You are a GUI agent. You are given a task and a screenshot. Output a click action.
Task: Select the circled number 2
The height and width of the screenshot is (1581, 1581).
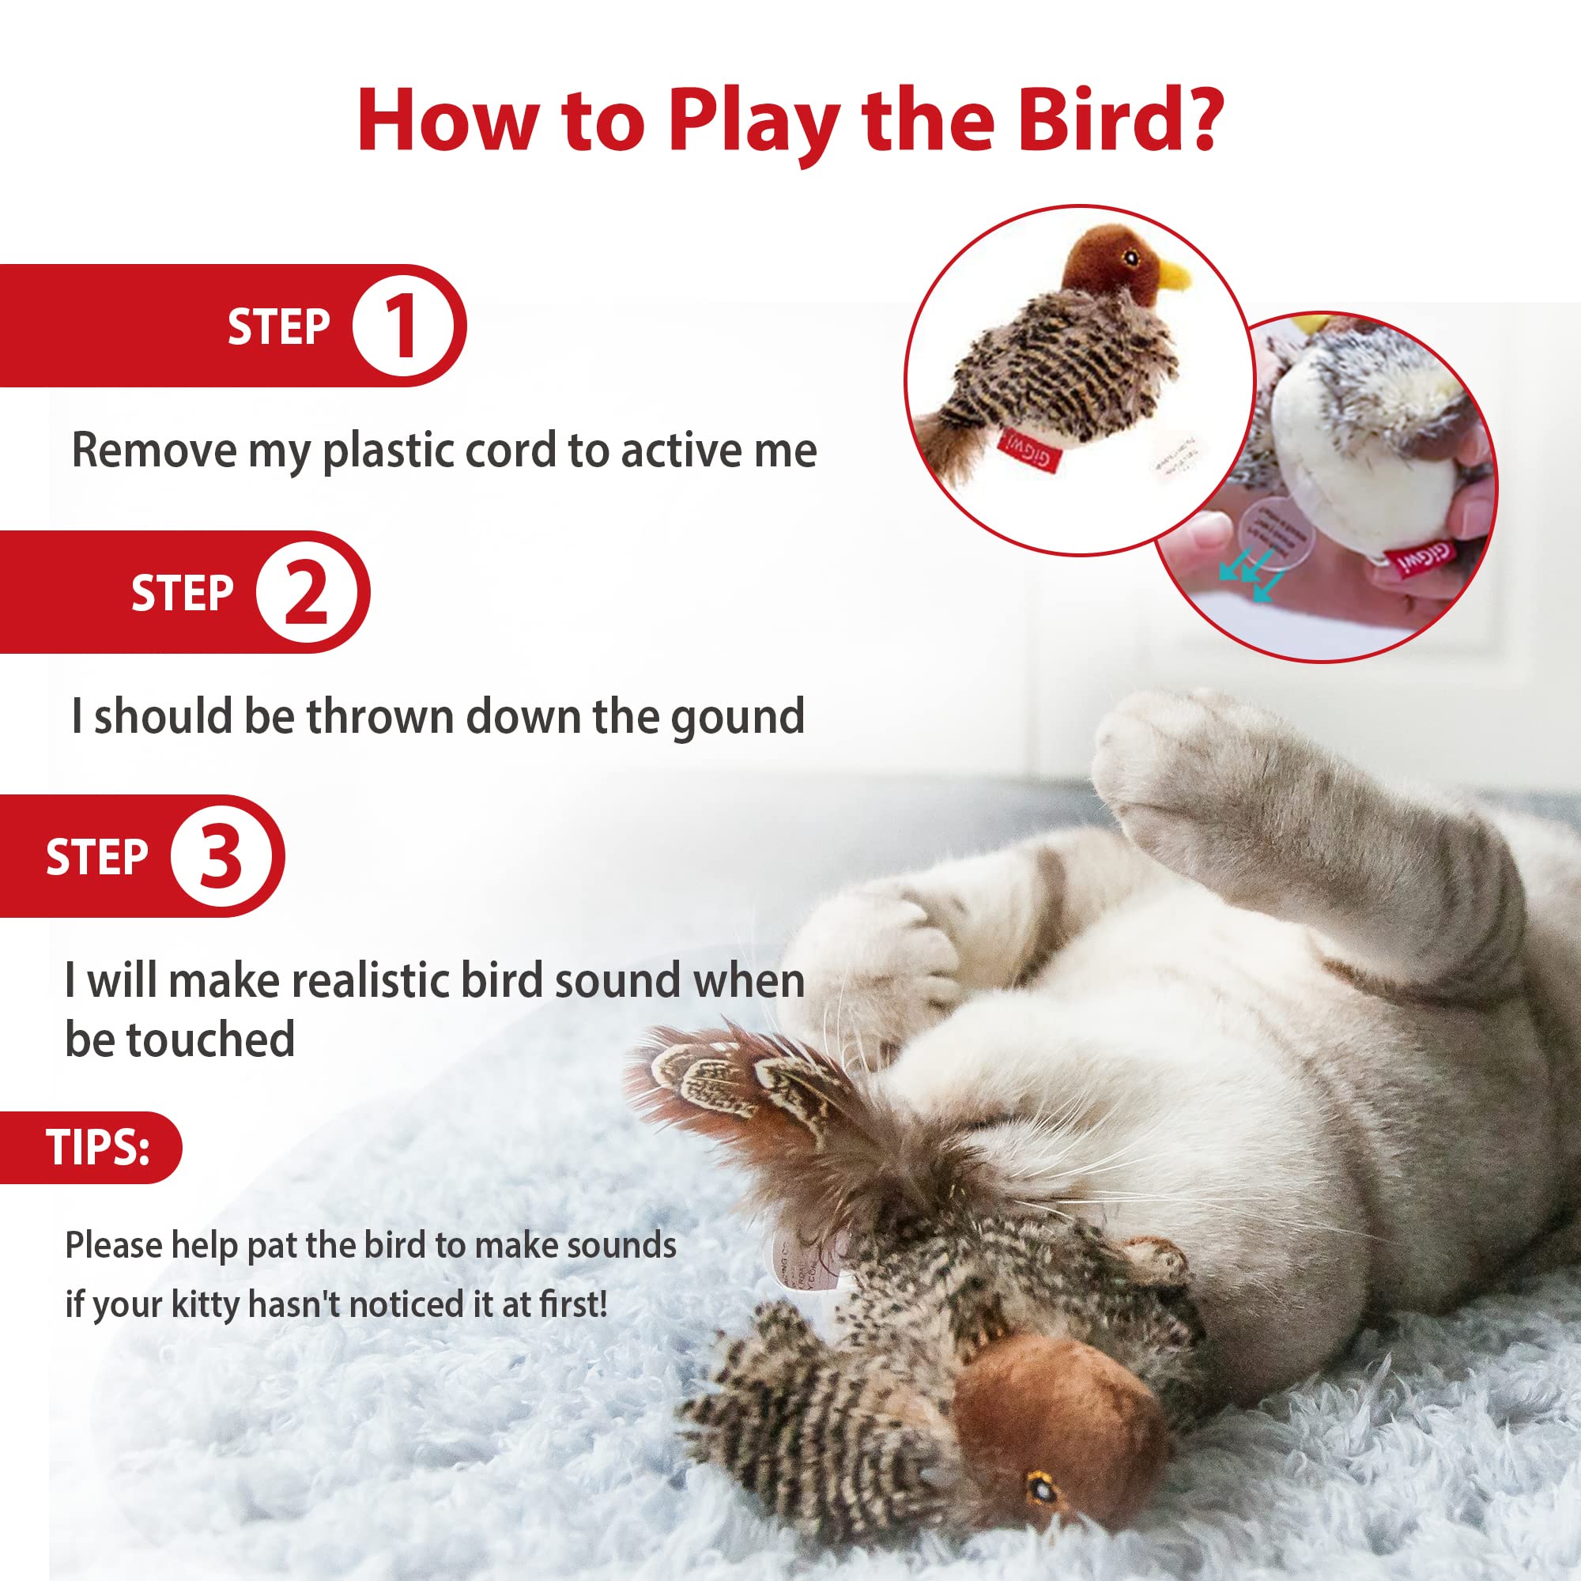305,591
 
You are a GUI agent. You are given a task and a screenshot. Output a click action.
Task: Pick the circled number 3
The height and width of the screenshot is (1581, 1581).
220,856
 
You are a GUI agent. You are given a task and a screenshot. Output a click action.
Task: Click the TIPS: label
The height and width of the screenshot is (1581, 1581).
97,1147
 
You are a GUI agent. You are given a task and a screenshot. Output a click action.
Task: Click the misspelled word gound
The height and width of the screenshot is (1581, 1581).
738,718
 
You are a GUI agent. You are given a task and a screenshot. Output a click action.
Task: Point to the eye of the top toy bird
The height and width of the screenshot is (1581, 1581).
1131,259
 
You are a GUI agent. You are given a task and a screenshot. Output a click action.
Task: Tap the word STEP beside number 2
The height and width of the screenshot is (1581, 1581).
182,594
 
